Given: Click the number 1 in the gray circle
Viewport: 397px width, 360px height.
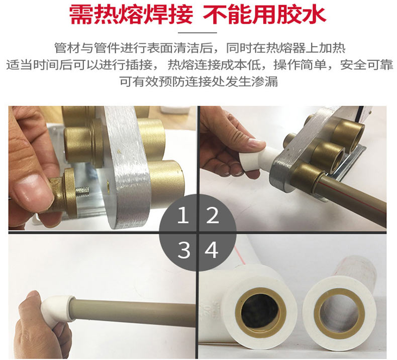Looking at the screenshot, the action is (x=183, y=215).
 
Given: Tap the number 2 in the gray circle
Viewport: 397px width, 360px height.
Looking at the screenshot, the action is (x=212, y=215).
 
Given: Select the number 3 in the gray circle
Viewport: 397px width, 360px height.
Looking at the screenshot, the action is (x=184, y=250).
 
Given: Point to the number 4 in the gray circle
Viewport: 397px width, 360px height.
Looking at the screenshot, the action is (x=212, y=250).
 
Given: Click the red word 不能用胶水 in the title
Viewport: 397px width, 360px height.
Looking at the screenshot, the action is (x=264, y=15).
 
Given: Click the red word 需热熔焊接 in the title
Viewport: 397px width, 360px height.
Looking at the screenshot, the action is (x=131, y=15).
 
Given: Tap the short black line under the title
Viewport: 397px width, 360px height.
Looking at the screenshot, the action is (x=197, y=33).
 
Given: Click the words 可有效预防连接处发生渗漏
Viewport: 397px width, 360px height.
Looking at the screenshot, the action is (x=198, y=81).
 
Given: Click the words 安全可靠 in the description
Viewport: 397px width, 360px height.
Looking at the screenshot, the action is (x=366, y=65).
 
